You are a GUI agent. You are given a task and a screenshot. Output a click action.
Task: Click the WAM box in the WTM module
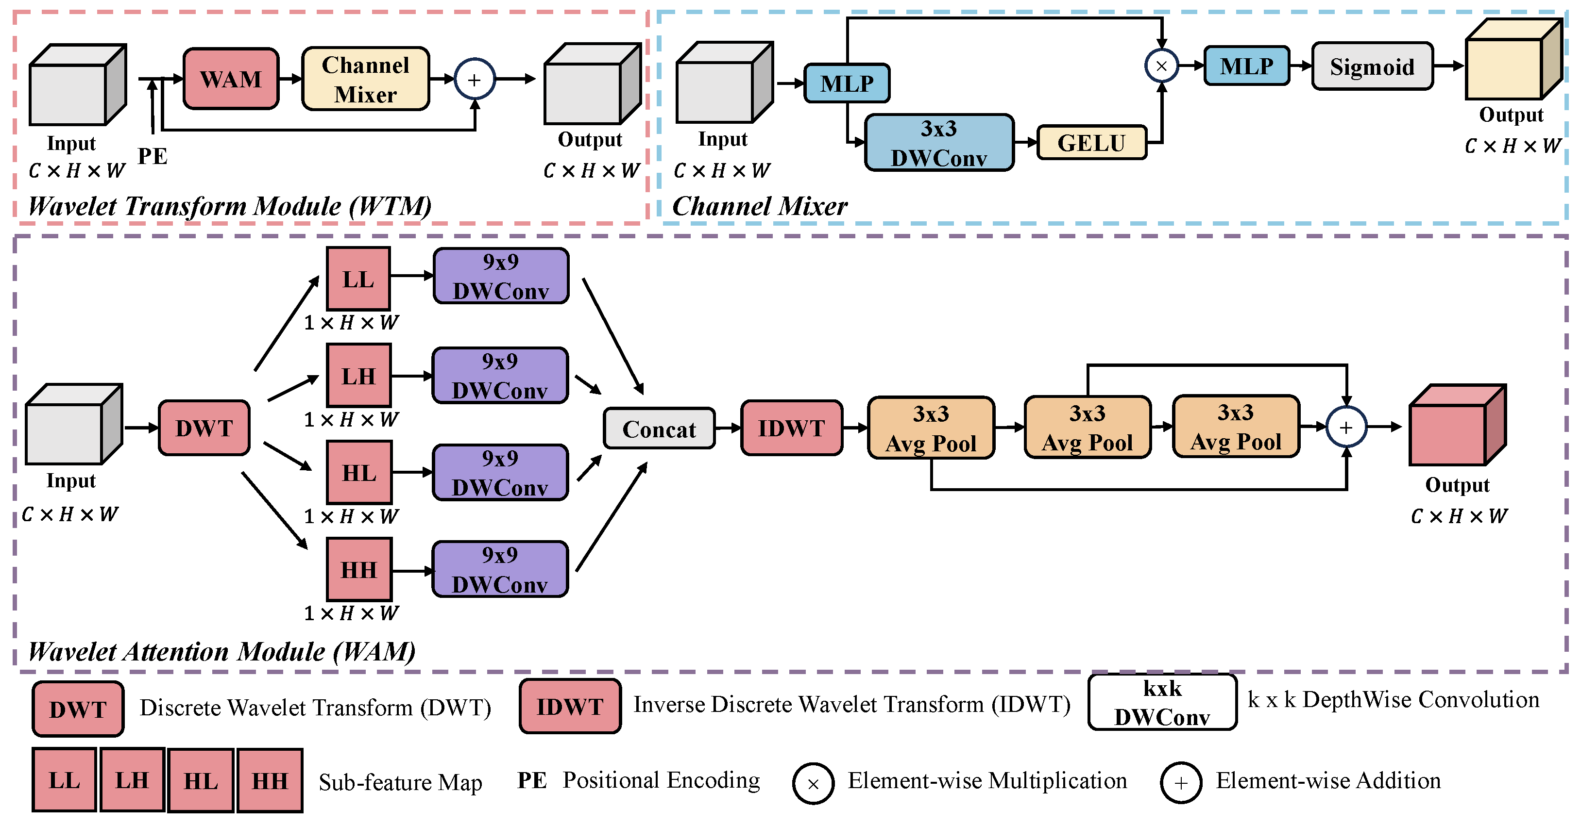pyautogui.click(x=231, y=79)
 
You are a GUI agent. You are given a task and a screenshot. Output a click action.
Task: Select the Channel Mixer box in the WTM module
pyautogui.click(x=365, y=79)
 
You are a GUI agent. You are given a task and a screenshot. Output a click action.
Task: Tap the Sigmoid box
pyautogui.click(x=1372, y=66)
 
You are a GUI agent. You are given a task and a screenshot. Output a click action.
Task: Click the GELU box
pyautogui.click(x=1091, y=143)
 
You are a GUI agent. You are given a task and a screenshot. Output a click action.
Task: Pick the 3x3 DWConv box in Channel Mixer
pyautogui.click(x=938, y=143)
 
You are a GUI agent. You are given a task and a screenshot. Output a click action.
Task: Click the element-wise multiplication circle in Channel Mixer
pyautogui.click(x=1161, y=66)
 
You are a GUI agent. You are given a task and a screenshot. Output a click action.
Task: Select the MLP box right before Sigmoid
pyautogui.click(x=1246, y=66)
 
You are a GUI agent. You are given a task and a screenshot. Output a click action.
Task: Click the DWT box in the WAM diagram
pyautogui.click(x=204, y=428)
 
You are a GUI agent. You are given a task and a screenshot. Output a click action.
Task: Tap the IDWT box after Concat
pyautogui.click(x=791, y=428)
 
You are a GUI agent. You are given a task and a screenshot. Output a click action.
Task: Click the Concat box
pyautogui.click(x=659, y=429)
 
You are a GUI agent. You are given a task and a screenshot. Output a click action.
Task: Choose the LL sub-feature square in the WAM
pyautogui.click(x=358, y=279)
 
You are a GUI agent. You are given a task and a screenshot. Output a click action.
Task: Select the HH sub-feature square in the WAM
pyautogui.click(x=358, y=569)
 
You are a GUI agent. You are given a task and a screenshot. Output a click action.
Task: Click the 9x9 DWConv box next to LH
pyautogui.click(x=500, y=376)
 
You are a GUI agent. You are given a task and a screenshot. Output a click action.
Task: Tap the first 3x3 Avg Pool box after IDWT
pyautogui.click(x=931, y=428)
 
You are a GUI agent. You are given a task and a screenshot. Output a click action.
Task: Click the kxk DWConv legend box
pyautogui.click(x=1162, y=702)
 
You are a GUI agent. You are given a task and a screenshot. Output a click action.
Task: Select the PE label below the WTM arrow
pyautogui.click(x=152, y=156)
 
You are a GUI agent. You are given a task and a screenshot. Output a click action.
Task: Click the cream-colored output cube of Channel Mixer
pyautogui.click(x=1510, y=61)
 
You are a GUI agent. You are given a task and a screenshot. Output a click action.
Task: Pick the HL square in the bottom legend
pyautogui.click(x=201, y=780)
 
